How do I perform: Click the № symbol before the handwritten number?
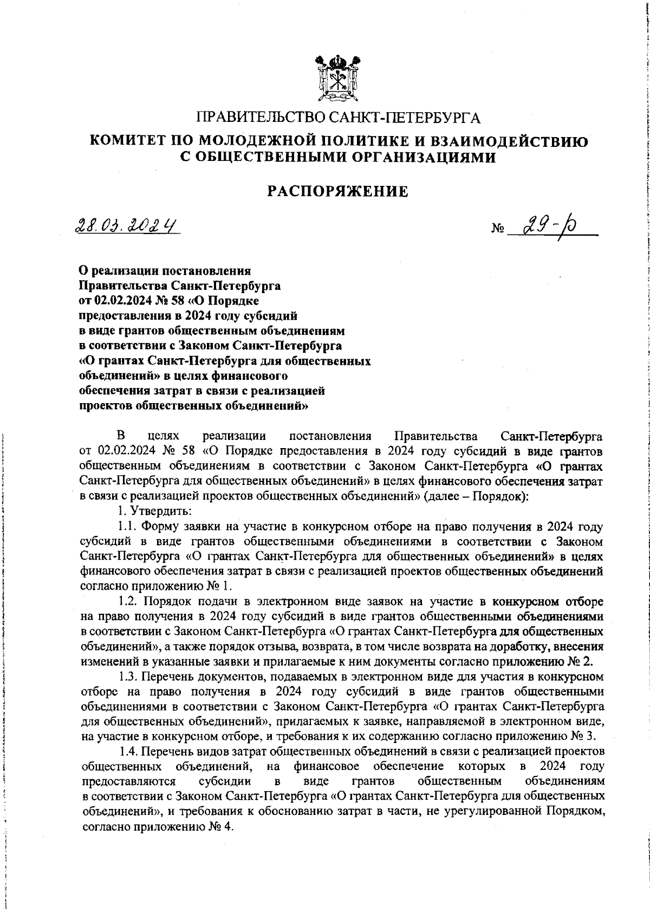[x=497, y=230]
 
